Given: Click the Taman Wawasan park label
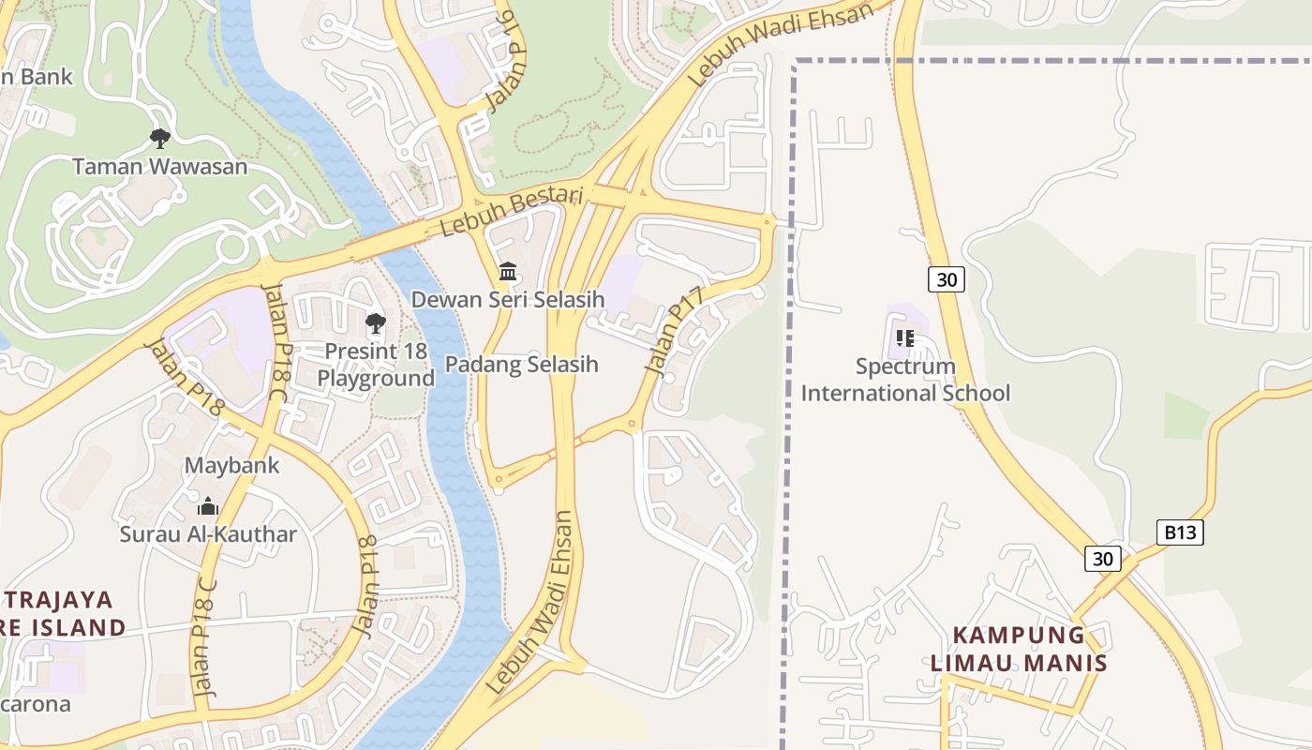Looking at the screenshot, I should tap(160, 167).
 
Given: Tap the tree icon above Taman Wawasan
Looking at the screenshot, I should tap(160, 139).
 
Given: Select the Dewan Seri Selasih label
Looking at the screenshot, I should tap(508, 300).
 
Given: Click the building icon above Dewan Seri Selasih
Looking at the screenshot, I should tap(508, 272).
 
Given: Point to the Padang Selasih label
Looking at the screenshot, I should tap(521, 364).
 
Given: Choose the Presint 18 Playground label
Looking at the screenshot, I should tap(376, 365).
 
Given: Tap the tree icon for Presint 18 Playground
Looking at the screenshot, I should tap(376, 324).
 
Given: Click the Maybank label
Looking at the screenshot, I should tap(231, 465).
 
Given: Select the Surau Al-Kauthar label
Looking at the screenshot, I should tap(208, 534).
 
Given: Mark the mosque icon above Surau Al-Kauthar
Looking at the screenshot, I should tap(208, 507).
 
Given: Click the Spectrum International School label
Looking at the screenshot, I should tap(905, 379).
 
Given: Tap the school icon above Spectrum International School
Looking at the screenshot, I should tap(905, 337).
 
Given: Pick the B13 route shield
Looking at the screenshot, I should tap(1179, 532).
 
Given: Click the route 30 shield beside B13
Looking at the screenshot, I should tap(1103, 559).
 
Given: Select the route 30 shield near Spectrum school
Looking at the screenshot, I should tap(947, 279).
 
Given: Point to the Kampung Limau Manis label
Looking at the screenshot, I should tap(1019, 649).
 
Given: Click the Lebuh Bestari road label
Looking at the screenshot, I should tap(512, 212).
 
